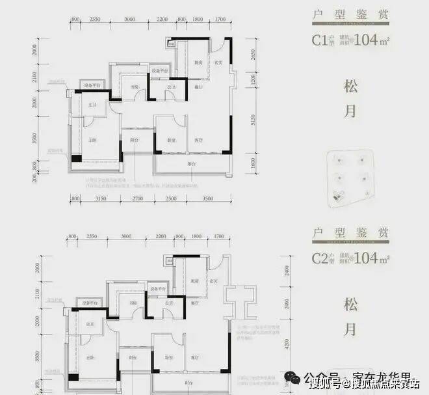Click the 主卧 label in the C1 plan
click(92, 140)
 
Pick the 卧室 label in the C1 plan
click(170, 140)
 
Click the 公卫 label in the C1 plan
click(172, 85)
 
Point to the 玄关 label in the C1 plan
click(220, 62)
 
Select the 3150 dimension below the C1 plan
click(101, 198)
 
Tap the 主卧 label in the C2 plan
click(92, 358)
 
